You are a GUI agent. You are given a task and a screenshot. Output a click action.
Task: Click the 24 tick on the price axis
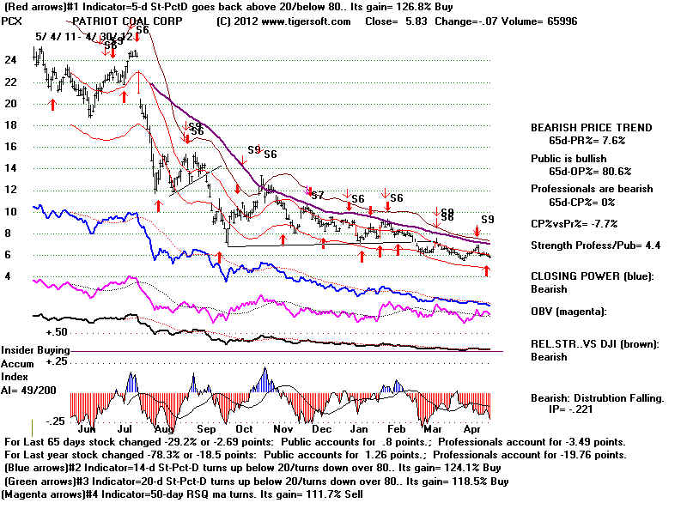click(10, 60)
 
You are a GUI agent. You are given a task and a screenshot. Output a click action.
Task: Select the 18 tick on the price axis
click(10, 125)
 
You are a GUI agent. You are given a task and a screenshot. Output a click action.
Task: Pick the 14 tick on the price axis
click(10, 168)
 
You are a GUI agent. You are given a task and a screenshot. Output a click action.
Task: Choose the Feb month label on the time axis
click(396, 427)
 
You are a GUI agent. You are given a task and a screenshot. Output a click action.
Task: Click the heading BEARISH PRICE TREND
click(592, 127)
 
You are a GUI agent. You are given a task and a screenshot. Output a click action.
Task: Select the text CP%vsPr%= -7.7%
click(574, 223)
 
